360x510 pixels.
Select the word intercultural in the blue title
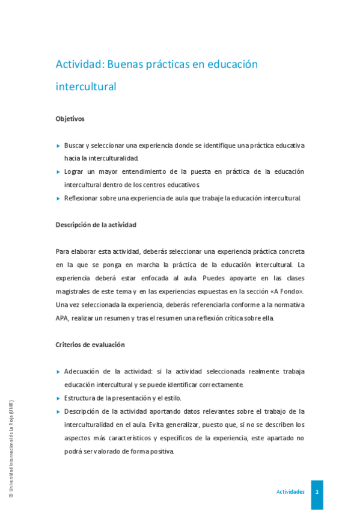(85, 87)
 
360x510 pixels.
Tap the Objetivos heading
(70, 118)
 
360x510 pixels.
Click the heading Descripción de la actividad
(96, 224)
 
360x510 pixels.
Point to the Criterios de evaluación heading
(90, 345)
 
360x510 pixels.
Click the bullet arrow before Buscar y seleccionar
(58, 146)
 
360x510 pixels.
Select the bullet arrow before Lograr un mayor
(58, 172)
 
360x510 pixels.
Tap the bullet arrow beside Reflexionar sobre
(58, 198)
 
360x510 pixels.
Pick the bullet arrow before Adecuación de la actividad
(58, 372)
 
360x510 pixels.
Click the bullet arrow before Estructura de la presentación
(58, 398)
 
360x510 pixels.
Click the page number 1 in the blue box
(317, 492)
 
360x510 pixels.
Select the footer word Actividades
(290, 492)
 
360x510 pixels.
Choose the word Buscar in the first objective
(74, 146)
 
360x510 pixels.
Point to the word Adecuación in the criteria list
(84, 372)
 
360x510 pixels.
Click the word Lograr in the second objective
(75, 172)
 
